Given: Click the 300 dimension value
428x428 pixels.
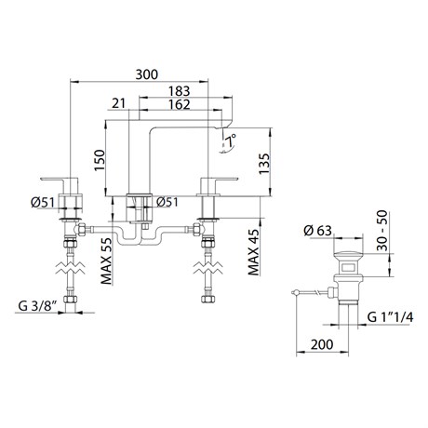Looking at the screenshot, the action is (147, 74).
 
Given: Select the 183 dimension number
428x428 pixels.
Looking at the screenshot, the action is (179, 91).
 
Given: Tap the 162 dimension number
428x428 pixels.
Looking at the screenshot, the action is (179, 104).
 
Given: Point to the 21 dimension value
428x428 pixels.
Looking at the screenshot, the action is (118, 103).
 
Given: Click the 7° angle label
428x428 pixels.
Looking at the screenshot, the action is (231, 140).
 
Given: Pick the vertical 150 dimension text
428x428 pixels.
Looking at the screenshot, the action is (100, 160).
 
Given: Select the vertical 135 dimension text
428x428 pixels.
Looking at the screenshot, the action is (264, 164).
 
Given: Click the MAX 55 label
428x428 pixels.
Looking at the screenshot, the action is (106, 261).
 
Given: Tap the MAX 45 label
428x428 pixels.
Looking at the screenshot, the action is (254, 252).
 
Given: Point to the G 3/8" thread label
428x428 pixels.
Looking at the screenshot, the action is (37, 306).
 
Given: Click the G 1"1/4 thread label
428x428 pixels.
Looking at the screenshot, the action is (390, 317).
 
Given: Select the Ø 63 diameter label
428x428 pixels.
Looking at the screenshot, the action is (318, 231).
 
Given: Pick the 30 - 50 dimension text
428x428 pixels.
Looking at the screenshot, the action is (382, 230).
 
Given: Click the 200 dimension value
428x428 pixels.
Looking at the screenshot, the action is (322, 344).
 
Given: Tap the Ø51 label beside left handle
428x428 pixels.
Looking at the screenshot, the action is (43, 203).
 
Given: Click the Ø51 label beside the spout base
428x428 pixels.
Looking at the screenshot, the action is (167, 202).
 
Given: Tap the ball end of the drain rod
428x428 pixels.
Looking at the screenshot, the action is (297, 292).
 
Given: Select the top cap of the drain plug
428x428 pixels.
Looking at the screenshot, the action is (348, 256).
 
